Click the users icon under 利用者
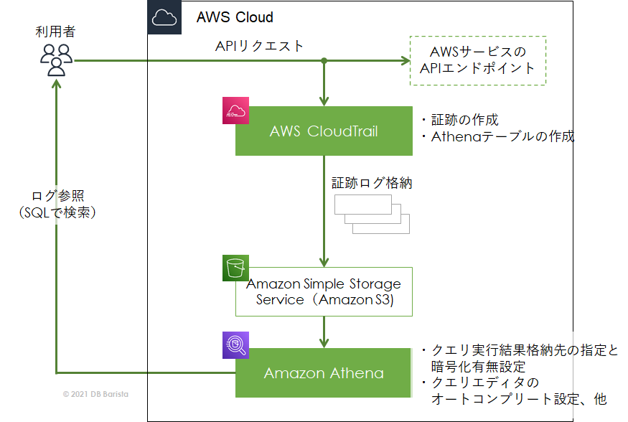tap(55, 60)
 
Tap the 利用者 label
tap(55, 32)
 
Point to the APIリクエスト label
tap(259, 46)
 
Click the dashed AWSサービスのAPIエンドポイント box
tap(477, 60)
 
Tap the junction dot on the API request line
tap(324, 61)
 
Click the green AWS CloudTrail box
tap(324, 131)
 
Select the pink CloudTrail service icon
tap(235, 110)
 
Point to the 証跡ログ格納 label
tap(371, 183)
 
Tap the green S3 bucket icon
tap(235, 267)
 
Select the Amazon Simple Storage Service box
tap(324, 291)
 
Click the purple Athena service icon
tap(235, 345)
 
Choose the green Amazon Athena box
tap(324, 373)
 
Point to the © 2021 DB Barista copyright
tap(95, 394)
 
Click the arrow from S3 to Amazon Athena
tap(324, 331)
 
